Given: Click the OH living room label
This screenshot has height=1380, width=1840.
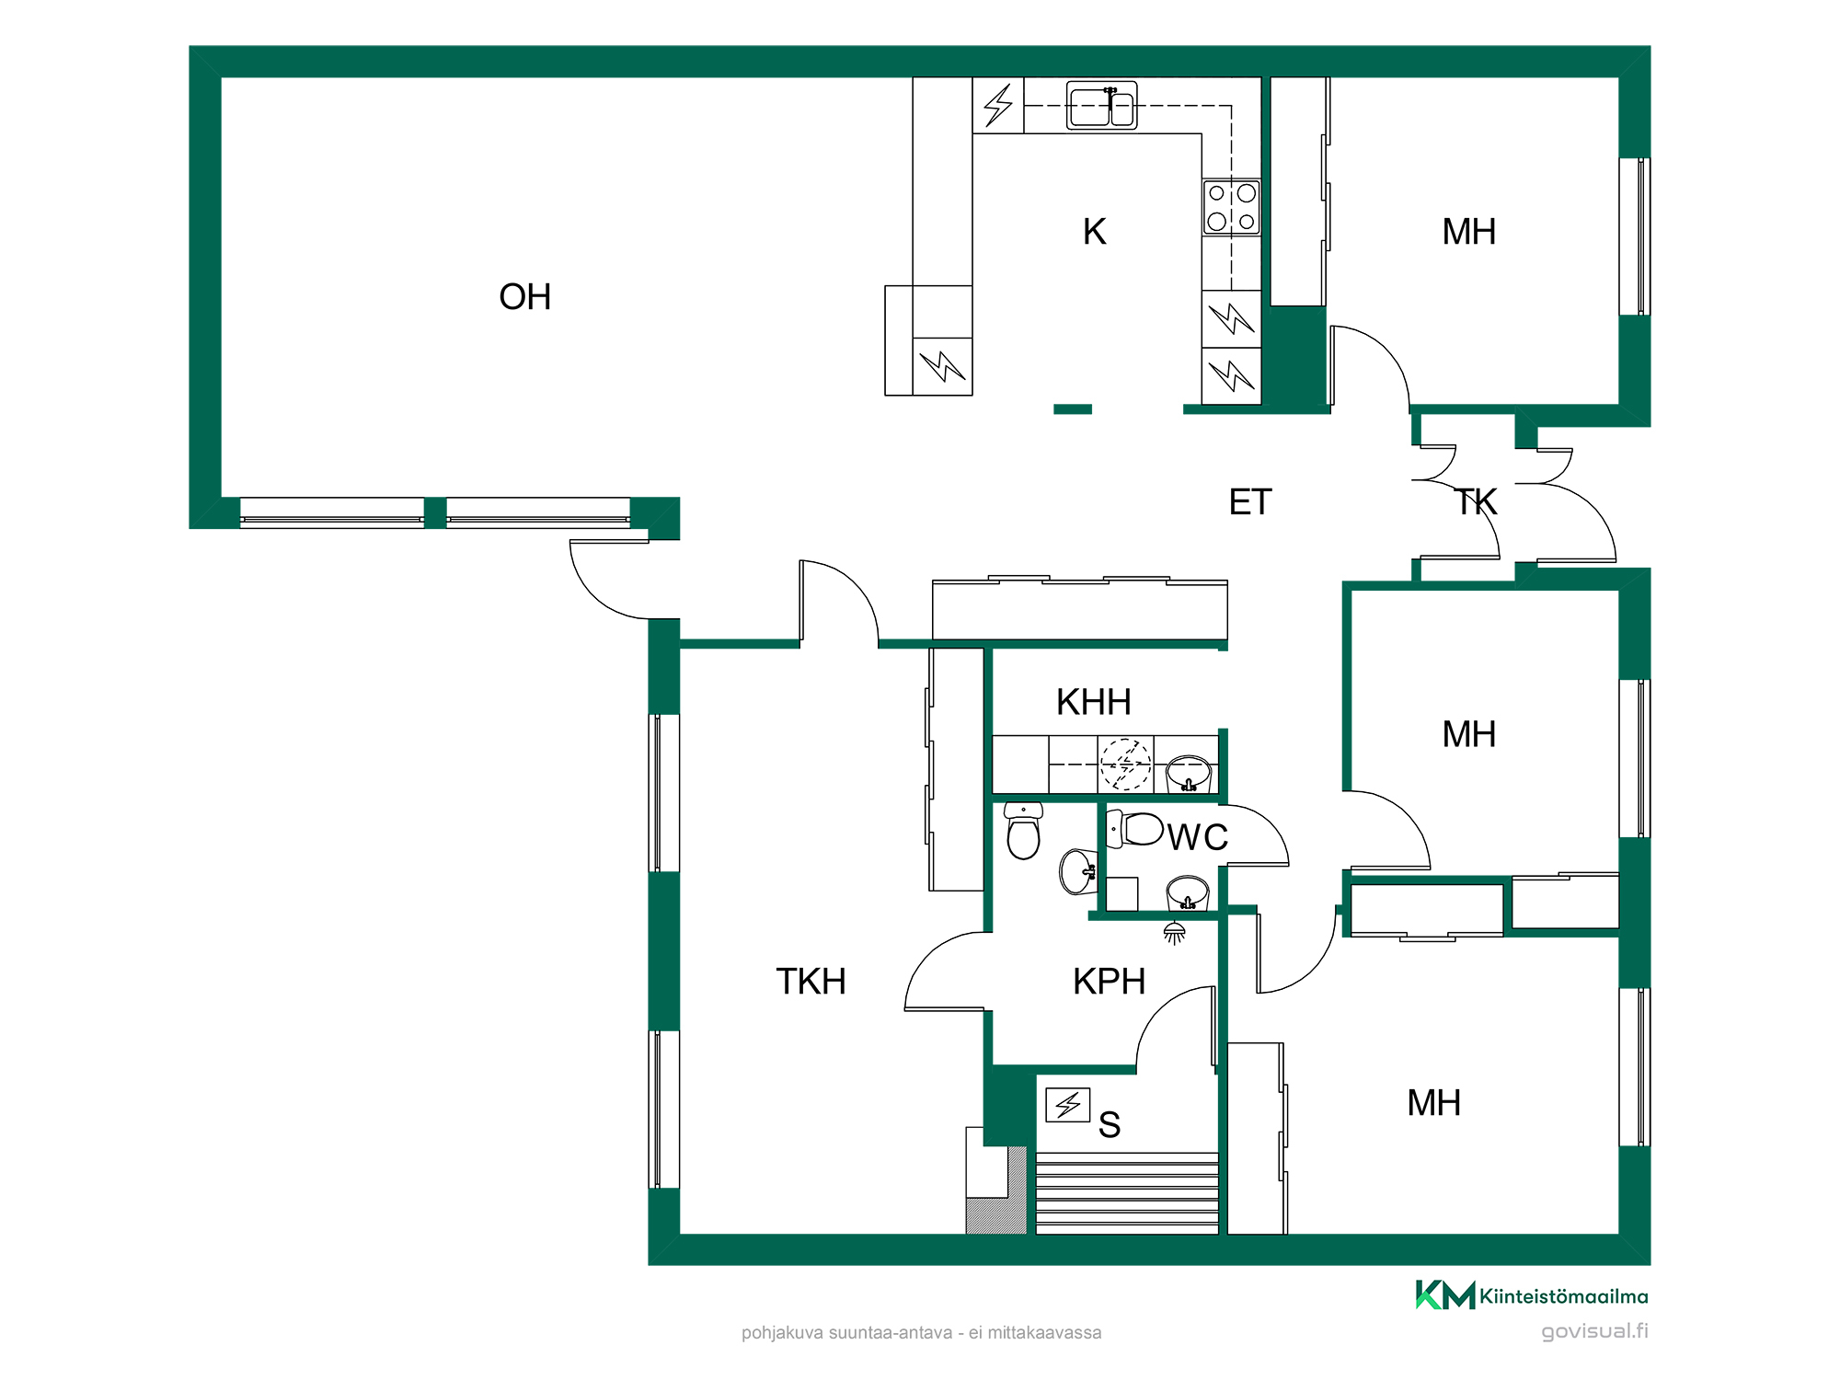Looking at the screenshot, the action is [524, 297].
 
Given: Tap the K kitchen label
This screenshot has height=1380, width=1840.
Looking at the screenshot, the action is [1094, 232].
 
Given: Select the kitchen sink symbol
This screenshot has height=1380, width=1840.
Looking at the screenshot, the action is [1102, 106].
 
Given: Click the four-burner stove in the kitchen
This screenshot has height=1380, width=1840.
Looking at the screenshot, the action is [1231, 207].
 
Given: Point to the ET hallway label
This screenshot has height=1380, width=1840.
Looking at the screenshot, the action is [1250, 502].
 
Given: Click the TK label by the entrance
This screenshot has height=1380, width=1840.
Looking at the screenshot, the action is [1476, 502].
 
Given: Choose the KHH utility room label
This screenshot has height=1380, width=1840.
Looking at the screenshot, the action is [1093, 702].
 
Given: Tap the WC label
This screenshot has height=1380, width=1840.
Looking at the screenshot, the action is [1198, 837].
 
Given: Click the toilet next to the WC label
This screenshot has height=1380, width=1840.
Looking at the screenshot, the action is [1134, 829].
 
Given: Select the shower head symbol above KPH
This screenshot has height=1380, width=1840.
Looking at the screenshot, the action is [1174, 933].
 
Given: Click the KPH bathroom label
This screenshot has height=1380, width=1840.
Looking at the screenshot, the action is [1109, 982].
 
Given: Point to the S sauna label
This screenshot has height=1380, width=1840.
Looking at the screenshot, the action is [1110, 1125].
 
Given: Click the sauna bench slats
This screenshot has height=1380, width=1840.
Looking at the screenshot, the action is [1127, 1192].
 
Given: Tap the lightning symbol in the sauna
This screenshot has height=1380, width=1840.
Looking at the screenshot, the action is [1068, 1104].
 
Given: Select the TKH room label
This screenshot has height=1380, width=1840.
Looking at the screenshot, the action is [811, 982].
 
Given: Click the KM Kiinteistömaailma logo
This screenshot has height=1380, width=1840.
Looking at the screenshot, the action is [1532, 1295].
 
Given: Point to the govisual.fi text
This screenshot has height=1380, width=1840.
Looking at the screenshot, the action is [1594, 1331].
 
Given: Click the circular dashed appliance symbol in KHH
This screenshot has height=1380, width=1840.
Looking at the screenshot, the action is [1125, 764].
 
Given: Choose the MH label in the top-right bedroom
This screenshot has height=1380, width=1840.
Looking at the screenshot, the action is [1469, 232].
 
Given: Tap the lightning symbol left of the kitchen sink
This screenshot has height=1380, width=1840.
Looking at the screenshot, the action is [998, 105].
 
